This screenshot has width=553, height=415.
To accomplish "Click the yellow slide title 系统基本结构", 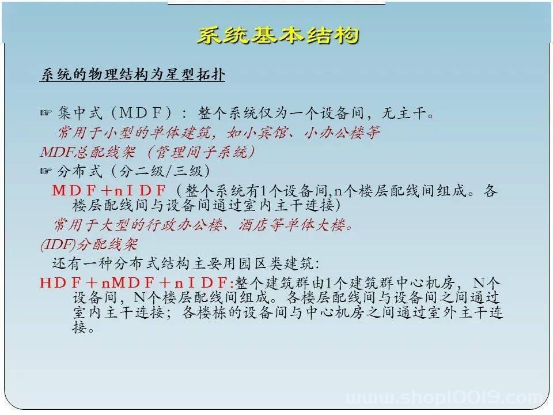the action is tap(278, 35).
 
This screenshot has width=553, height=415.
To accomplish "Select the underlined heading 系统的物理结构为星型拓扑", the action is tap(132, 74).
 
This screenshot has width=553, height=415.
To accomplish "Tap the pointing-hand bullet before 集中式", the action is tap(46, 113).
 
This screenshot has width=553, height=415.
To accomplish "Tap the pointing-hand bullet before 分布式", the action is tap(46, 171).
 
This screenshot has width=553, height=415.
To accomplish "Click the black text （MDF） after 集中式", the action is tap(142, 113).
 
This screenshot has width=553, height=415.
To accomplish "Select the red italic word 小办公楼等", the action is tap(342, 133).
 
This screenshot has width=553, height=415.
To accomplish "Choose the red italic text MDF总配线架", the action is tap(88, 152).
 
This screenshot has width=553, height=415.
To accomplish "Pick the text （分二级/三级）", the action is tap(161, 171).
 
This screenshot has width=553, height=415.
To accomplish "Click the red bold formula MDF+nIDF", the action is tap(109, 191).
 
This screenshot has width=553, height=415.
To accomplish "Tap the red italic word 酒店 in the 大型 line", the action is tap(254, 224).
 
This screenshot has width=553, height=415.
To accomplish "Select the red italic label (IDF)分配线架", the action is tap(89, 244).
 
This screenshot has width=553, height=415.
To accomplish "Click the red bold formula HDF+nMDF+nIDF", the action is tap(137, 282).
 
